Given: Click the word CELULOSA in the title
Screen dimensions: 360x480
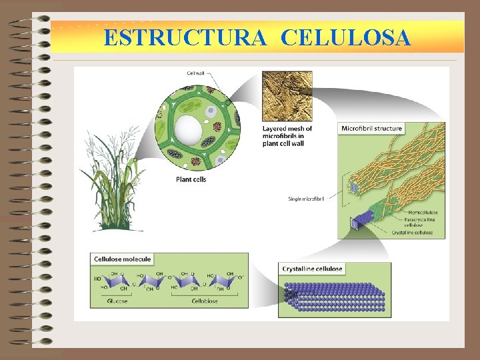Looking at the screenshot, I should tap(345, 38).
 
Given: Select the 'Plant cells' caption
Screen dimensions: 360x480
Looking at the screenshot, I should tap(191, 179).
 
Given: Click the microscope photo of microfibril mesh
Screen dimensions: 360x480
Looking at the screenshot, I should tap(287, 95).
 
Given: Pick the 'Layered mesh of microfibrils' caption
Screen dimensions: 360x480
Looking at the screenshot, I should tap(287, 135).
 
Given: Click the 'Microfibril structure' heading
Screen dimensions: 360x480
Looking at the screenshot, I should tap(372, 128).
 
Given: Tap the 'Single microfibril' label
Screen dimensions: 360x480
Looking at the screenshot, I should tap(306, 199).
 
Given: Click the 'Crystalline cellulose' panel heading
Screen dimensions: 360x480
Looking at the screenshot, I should tap(313, 269).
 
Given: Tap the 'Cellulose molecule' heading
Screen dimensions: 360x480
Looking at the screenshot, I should tap(123, 259).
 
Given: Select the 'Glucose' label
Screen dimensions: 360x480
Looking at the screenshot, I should tap(117, 301).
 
